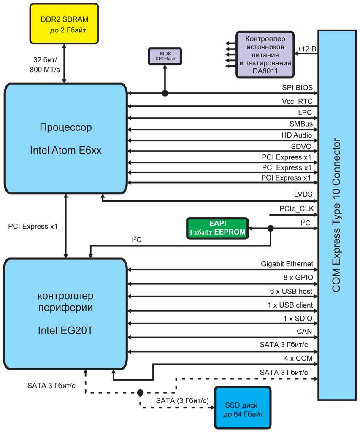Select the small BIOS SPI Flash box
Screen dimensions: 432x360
pyautogui.click(x=165, y=56)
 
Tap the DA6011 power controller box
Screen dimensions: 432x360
pyautogui.click(x=265, y=54)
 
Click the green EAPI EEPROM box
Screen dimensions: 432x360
pyautogui.click(x=217, y=229)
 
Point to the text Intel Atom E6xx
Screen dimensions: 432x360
pyautogui.click(x=66, y=151)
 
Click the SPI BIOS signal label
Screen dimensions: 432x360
pyautogui.click(x=297, y=88)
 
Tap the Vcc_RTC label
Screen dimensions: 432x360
pyautogui.click(x=297, y=102)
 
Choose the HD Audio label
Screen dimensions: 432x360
pyautogui.click(x=296, y=135)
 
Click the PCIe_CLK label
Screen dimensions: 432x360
pyautogui.click(x=297, y=209)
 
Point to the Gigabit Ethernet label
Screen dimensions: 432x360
pyautogui.click(x=287, y=264)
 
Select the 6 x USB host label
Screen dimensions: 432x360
pyautogui.click(x=291, y=291)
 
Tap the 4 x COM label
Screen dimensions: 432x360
pyautogui.click(x=298, y=359)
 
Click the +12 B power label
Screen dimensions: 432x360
pyautogui.click(x=306, y=49)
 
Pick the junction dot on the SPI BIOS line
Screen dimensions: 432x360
pyautogui.click(x=165, y=93)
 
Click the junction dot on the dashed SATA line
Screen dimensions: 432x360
pyautogui.click(x=140, y=393)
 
